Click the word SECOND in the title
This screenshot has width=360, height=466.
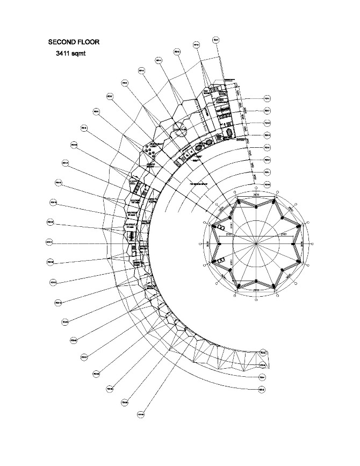click(x=63, y=41)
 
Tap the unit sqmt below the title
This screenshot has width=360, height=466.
click(x=83, y=54)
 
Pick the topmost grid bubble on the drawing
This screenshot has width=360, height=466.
click(x=215, y=39)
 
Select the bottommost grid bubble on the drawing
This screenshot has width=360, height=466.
click(x=141, y=414)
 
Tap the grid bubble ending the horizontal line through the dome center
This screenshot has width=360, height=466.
click(x=49, y=242)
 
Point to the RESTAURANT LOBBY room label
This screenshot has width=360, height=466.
click(x=156, y=145)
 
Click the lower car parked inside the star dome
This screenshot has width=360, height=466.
click(x=219, y=261)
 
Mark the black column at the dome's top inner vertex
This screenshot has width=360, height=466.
click(x=256, y=206)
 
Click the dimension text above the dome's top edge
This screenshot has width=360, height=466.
click(x=256, y=193)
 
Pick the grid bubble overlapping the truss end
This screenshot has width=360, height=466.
click(x=263, y=353)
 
